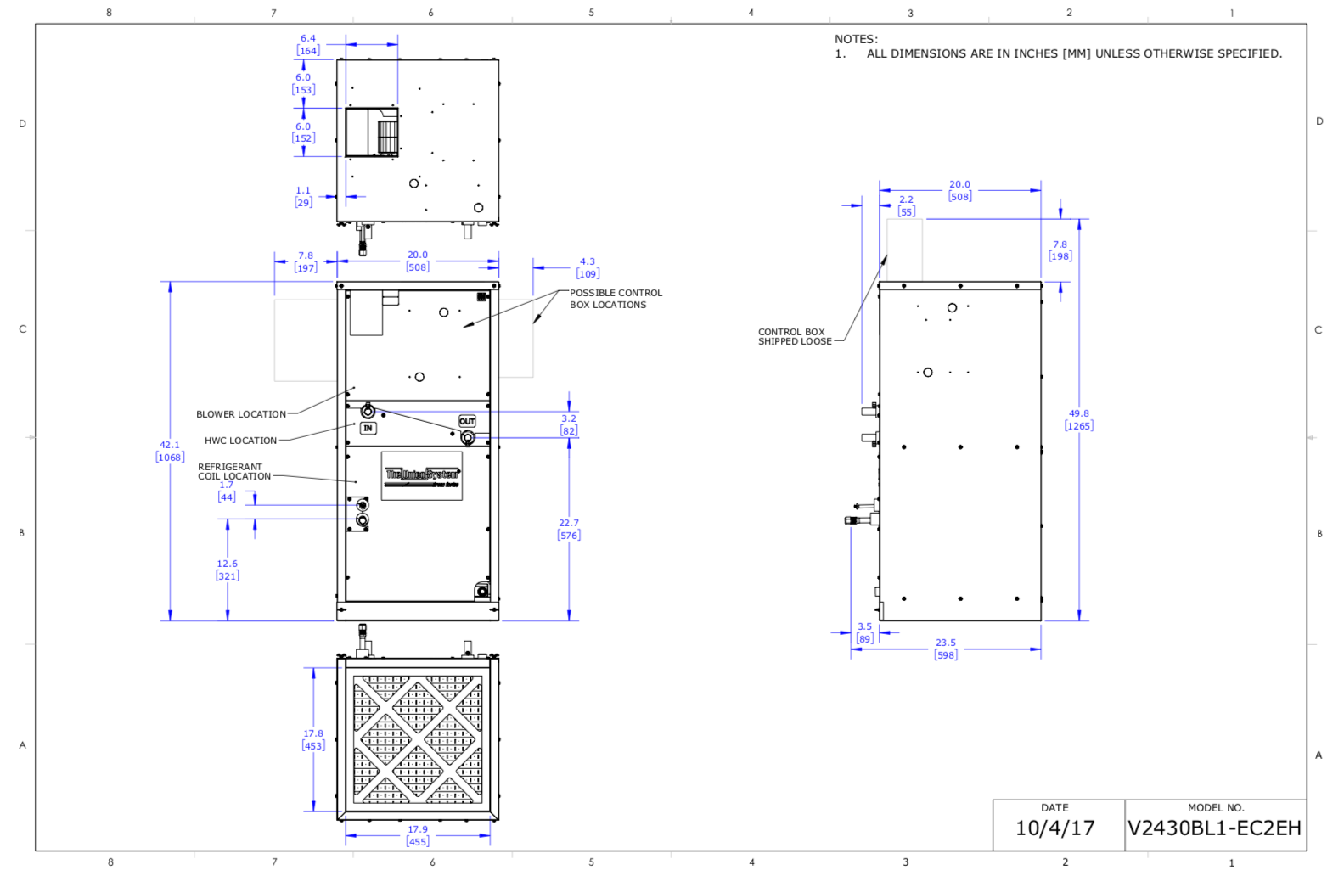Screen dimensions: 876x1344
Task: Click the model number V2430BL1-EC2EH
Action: pyautogui.click(x=1214, y=828)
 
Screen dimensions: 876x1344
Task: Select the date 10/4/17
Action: pyautogui.click(x=1054, y=828)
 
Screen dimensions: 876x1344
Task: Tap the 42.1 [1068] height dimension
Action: pyautogui.click(x=170, y=451)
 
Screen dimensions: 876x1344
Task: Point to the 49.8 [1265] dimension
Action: pyautogui.click(x=1078, y=420)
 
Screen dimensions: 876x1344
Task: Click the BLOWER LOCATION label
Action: pyautogui.click(x=241, y=414)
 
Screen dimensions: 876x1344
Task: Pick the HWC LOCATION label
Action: pyautogui.click(x=240, y=441)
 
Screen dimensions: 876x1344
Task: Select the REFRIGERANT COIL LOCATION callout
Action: pyautogui.click(x=233, y=472)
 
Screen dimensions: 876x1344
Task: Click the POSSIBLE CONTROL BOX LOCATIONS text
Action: pyautogui.click(x=615, y=299)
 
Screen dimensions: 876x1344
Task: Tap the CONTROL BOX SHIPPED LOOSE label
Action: pyautogui.click(x=794, y=337)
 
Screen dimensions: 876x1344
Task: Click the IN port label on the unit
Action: pyautogui.click(x=368, y=428)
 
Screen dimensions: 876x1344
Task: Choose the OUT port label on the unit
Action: pyautogui.click(x=467, y=421)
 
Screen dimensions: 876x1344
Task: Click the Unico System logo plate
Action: pyautogui.click(x=422, y=476)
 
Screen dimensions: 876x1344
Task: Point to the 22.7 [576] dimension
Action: pyautogui.click(x=569, y=529)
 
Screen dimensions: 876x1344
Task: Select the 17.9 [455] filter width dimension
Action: pyautogui.click(x=418, y=836)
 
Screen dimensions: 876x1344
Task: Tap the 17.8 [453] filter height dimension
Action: pyautogui.click(x=313, y=739)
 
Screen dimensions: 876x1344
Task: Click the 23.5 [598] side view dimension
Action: pyautogui.click(x=946, y=649)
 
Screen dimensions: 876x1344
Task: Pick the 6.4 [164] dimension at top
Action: pyautogui.click(x=307, y=44)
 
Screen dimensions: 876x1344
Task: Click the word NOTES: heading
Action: pyautogui.click(x=856, y=39)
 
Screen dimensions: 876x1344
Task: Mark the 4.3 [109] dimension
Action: pyautogui.click(x=588, y=267)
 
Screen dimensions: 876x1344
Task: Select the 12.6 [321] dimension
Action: pyautogui.click(x=228, y=570)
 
